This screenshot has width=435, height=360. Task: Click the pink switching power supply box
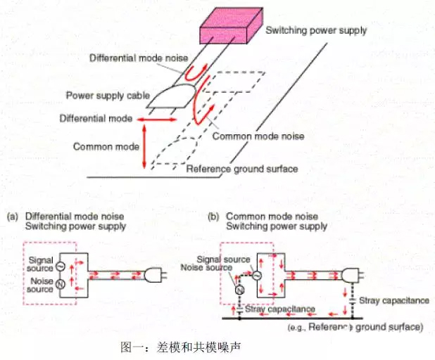tap(227, 31)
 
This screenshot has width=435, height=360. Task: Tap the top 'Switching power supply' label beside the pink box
tap(316, 30)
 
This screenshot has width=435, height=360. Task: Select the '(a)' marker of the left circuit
tap(13, 217)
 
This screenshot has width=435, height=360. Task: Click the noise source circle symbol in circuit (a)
tap(60, 284)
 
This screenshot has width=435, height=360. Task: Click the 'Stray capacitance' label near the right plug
tap(393, 301)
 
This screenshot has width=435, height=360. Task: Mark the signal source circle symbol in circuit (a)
tap(60, 266)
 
